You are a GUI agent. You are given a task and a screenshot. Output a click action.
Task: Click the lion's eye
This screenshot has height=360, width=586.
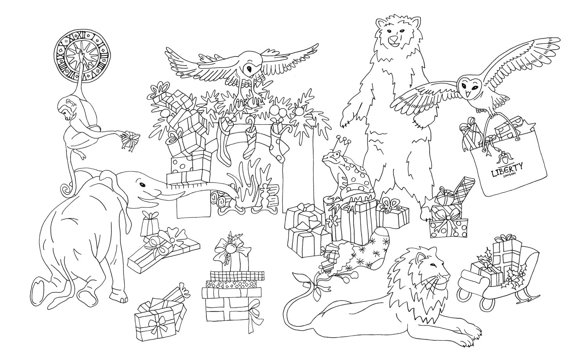click(432, 266)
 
